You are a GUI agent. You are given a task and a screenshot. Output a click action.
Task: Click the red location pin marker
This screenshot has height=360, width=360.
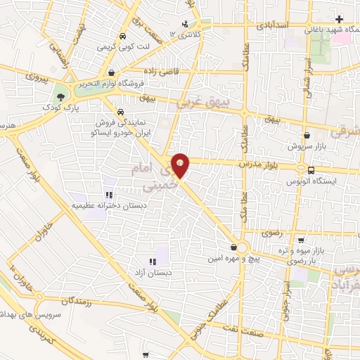(181, 165)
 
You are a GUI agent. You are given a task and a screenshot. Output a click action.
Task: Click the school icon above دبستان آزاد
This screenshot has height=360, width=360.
(153, 262)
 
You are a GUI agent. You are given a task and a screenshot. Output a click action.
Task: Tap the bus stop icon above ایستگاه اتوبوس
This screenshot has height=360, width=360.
(311, 169)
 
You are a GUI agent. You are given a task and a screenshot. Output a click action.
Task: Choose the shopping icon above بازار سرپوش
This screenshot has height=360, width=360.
(306, 136)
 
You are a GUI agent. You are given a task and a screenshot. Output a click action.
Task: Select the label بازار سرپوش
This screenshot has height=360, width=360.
(304, 147)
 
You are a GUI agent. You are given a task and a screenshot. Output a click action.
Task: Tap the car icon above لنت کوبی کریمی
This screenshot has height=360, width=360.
(124, 37)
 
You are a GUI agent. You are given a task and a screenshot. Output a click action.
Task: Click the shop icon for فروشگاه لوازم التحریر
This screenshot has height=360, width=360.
(111, 72)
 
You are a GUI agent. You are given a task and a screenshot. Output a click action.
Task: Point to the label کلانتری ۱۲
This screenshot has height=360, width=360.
(186, 33)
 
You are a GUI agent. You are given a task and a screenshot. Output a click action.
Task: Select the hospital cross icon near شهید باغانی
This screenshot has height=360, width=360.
(340, 18)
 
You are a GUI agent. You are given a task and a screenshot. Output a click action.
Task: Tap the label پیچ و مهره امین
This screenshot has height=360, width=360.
(236, 259)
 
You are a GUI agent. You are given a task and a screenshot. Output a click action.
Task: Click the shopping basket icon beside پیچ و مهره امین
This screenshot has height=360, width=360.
(233, 247)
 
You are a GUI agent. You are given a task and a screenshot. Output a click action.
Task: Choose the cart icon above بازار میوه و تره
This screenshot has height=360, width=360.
(301, 239)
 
